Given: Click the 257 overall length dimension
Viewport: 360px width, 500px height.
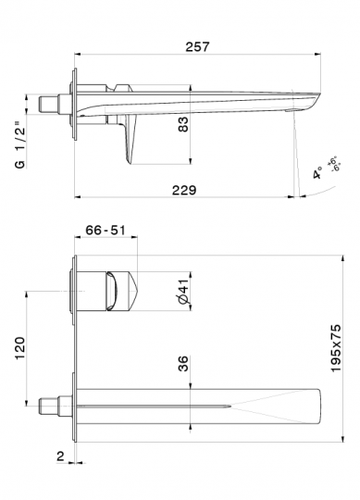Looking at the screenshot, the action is [x=197, y=47].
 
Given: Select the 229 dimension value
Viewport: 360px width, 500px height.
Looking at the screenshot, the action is [x=184, y=191].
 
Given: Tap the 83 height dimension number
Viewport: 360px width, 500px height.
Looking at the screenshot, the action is [x=183, y=124].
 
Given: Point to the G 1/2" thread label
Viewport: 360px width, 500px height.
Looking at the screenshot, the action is [x=19, y=144].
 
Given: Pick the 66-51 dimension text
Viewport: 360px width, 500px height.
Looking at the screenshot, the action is [x=106, y=230].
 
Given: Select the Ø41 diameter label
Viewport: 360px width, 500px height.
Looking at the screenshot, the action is [x=183, y=292].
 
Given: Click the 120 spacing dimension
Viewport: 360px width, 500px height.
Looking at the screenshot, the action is [x=20, y=347].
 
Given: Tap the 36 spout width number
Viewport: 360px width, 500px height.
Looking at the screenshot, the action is [x=183, y=364].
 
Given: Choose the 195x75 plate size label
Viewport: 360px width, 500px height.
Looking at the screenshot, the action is [x=335, y=348].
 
